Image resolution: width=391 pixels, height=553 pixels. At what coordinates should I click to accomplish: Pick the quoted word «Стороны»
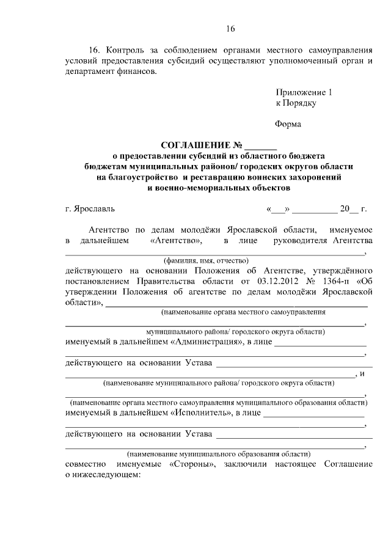click(189, 464)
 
